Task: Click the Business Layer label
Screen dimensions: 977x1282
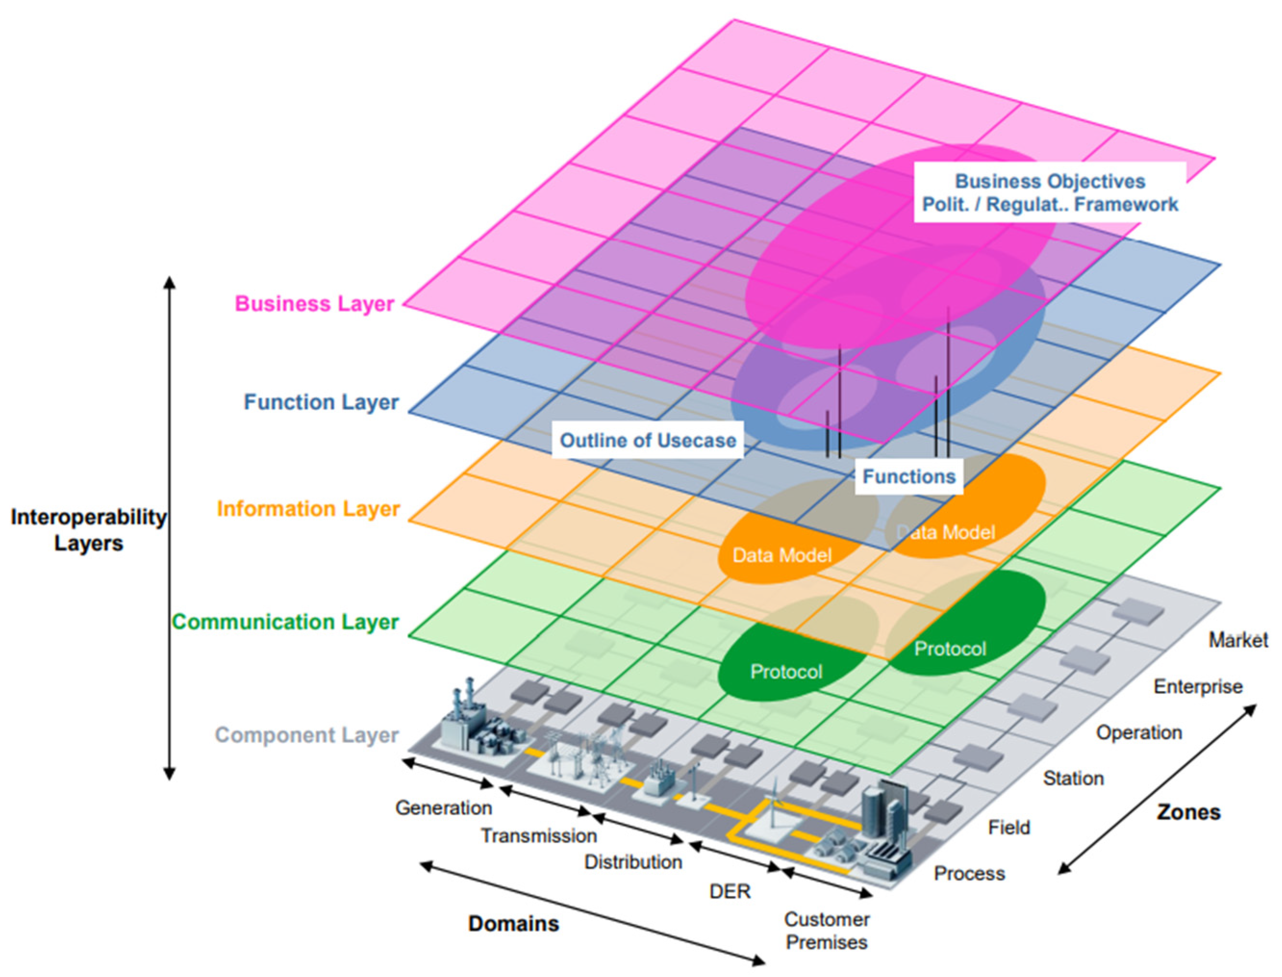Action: (x=314, y=304)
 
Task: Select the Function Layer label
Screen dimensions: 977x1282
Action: (x=321, y=402)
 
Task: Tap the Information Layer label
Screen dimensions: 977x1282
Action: (x=308, y=509)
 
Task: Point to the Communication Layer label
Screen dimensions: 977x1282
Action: (x=285, y=622)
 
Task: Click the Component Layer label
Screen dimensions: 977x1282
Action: (x=306, y=735)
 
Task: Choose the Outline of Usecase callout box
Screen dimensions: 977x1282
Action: (x=647, y=440)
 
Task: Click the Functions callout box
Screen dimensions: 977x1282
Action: (x=908, y=476)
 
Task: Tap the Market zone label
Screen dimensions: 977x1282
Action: (x=1238, y=640)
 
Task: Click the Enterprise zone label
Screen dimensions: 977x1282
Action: (x=1198, y=687)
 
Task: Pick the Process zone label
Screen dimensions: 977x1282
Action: (x=969, y=874)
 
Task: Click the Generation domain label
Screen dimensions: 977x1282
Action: (x=443, y=808)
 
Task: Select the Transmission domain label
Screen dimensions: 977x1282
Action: (x=538, y=836)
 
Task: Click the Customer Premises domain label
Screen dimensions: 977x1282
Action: (x=826, y=930)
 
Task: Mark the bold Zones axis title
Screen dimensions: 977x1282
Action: (x=1188, y=813)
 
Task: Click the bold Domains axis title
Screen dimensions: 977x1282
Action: (x=513, y=924)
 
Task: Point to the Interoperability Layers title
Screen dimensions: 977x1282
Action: (x=88, y=530)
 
